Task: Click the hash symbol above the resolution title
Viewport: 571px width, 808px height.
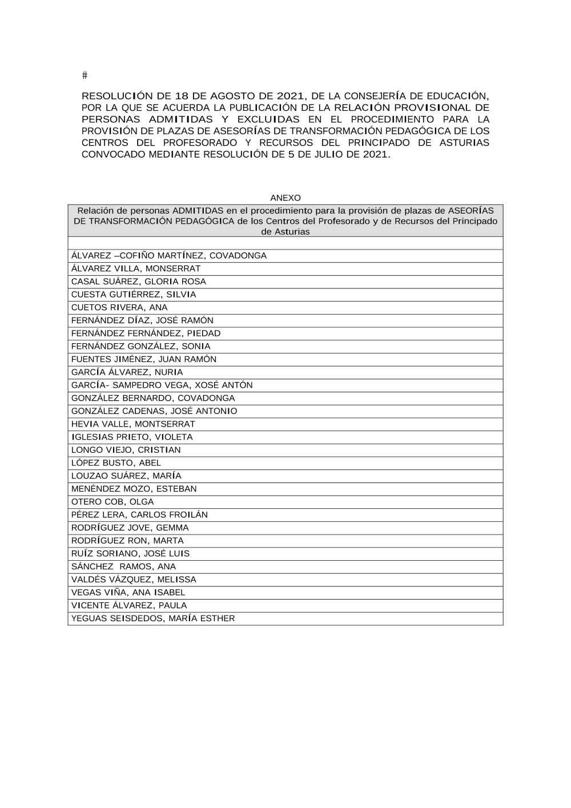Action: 85,75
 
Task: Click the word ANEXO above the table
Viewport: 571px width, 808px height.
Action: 285,198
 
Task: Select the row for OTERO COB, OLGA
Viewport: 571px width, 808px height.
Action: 112,501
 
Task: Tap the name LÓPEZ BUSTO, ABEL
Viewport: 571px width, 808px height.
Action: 116,463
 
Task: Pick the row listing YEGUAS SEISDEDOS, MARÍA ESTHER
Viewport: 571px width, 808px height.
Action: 153,618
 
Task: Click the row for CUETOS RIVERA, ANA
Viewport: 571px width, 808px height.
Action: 119,307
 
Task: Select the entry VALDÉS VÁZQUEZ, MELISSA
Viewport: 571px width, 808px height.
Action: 134,579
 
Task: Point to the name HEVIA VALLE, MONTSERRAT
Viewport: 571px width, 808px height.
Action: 133,424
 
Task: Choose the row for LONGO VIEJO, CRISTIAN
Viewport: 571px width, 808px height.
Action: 126,449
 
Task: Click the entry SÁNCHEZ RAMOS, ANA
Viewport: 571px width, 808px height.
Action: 123,566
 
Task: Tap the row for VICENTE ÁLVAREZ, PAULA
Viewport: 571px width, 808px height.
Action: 129,605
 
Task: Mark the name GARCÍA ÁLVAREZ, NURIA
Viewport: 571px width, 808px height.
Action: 127,372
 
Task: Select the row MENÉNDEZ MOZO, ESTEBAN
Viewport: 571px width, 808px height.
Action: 134,488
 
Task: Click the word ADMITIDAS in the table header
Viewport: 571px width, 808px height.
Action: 198,210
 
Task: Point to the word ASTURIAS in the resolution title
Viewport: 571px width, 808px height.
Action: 464,142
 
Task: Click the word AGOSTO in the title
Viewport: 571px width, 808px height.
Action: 233,96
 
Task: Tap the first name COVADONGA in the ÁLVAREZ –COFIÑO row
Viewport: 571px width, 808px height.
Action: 239,255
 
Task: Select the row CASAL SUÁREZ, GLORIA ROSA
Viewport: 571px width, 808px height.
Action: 138,282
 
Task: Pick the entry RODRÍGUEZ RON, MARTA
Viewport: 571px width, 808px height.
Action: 127,540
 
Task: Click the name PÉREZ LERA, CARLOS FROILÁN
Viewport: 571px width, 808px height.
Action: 139,514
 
